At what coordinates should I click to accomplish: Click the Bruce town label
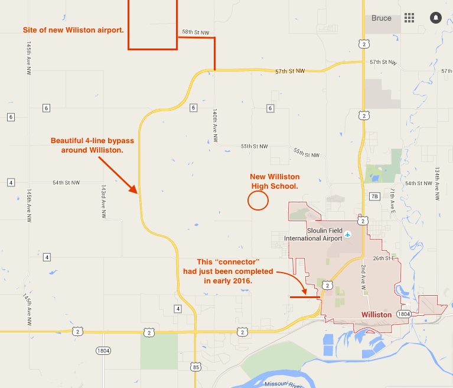[381, 18]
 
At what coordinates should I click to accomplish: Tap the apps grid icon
[409, 18]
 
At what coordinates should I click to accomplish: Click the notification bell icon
[436, 18]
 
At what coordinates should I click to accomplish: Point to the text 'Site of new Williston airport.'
[73, 29]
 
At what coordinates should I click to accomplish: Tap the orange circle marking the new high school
[258, 201]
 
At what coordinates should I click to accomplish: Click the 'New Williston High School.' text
[275, 182]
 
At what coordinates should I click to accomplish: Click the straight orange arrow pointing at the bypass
[116, 173]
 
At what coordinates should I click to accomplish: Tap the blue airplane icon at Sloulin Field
[348, 235]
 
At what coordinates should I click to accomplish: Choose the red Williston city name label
[376, 315]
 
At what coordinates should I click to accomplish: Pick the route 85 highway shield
[196, 367]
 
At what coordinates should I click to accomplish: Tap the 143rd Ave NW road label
[103, 201]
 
